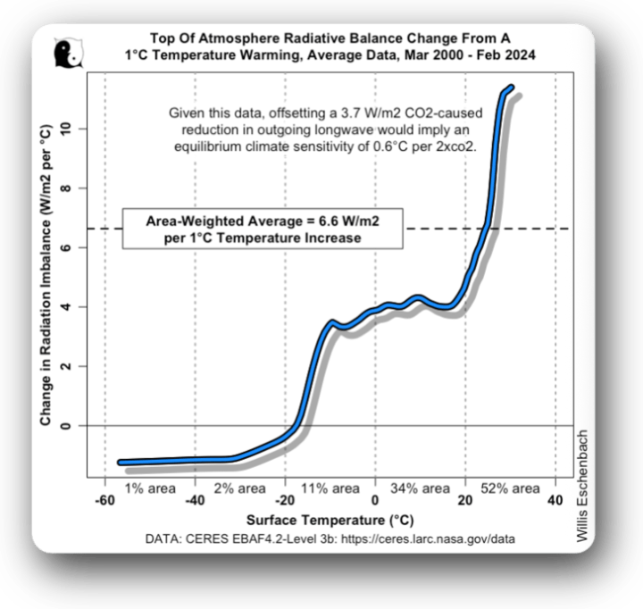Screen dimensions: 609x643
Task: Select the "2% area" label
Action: tap(239, 488)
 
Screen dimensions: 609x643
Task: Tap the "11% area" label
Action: tap(330, 488)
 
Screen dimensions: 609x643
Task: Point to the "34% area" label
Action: tap(420, 488)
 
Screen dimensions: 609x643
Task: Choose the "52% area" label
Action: tap(510, 488)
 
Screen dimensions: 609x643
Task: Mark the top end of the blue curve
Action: tap(511, 88)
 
